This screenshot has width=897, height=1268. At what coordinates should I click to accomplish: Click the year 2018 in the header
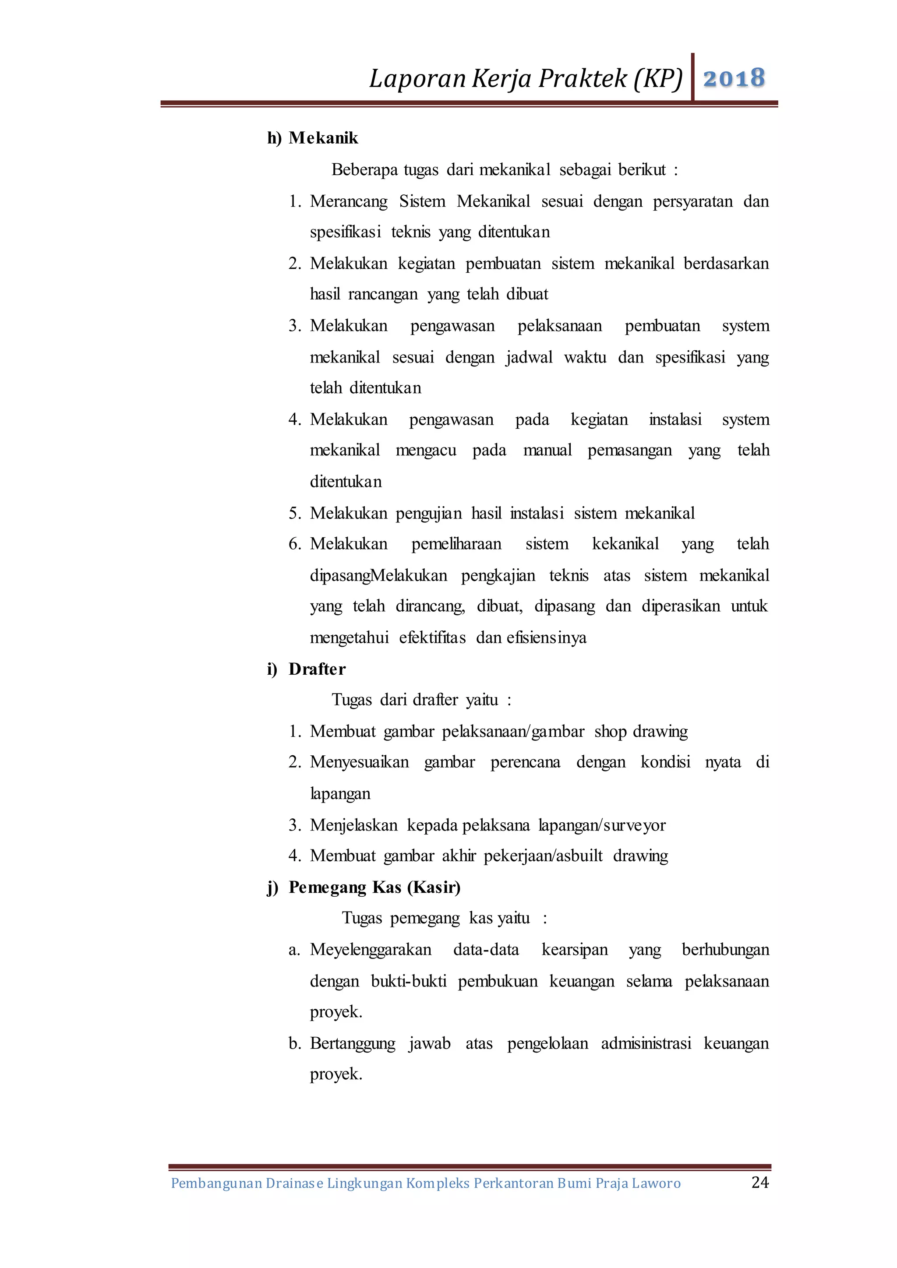tap(734, 78)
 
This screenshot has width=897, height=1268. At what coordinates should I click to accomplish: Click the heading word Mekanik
tap(323, 138)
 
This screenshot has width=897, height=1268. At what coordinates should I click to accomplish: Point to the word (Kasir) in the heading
tap(434, 888)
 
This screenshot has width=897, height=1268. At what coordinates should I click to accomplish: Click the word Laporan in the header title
tap(417, 78)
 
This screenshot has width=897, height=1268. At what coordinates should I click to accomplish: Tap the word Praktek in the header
tap(582, 78)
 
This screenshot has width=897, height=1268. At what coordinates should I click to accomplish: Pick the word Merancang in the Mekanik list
tap(349, 201)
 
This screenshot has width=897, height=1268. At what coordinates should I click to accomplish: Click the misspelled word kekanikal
tap(625, 544)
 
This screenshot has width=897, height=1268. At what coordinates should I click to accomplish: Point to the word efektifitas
tap(432, 638)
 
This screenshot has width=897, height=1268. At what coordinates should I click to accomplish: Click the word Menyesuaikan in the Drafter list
tap(359, 763)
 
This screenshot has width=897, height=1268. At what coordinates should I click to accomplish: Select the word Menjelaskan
tap(353, 825)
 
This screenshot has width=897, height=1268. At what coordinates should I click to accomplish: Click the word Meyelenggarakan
tap(371, 950)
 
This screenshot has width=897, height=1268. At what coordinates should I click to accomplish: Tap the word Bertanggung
tap(353, 1044)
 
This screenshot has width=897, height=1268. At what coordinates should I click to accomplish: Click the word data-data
tap(486, 950)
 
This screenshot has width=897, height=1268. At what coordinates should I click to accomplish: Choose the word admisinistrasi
tap(646, 1044)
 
